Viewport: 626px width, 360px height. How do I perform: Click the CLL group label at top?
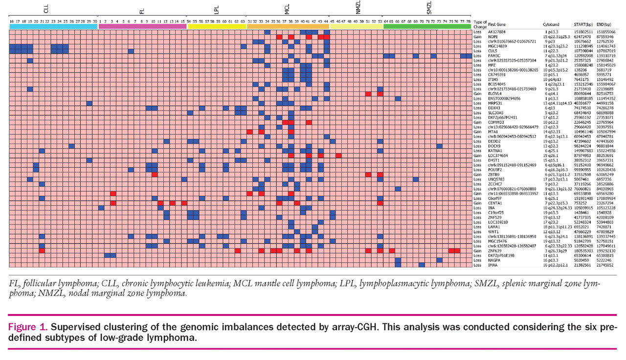click(53, 8)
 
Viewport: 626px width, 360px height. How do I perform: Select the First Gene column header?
click(498, 24)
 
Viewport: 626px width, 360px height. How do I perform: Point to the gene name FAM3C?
click(493, 56)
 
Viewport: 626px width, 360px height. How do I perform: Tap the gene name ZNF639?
click(494, 251)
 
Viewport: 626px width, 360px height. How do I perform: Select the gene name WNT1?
click(493, 231)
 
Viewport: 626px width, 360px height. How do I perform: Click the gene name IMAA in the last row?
click(493, 265)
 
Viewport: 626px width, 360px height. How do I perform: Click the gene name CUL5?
click(492, 51)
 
